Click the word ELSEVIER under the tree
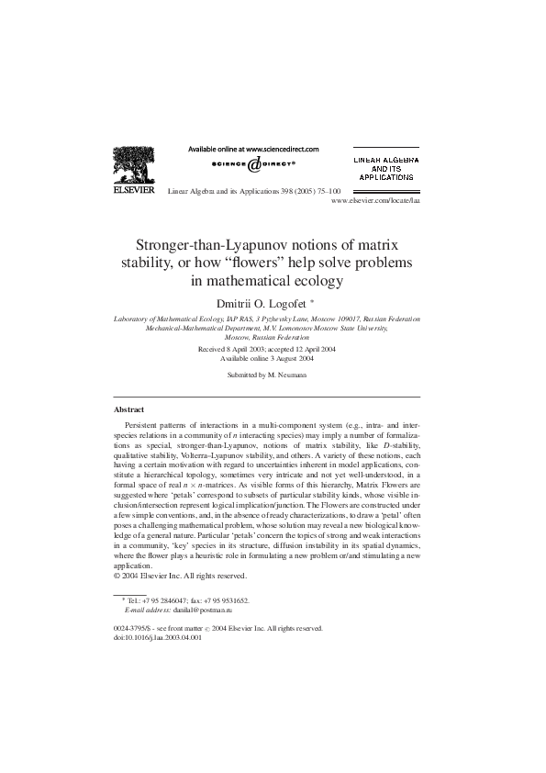133,194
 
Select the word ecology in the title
314,282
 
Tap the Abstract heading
128,409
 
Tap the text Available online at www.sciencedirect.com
253,148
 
